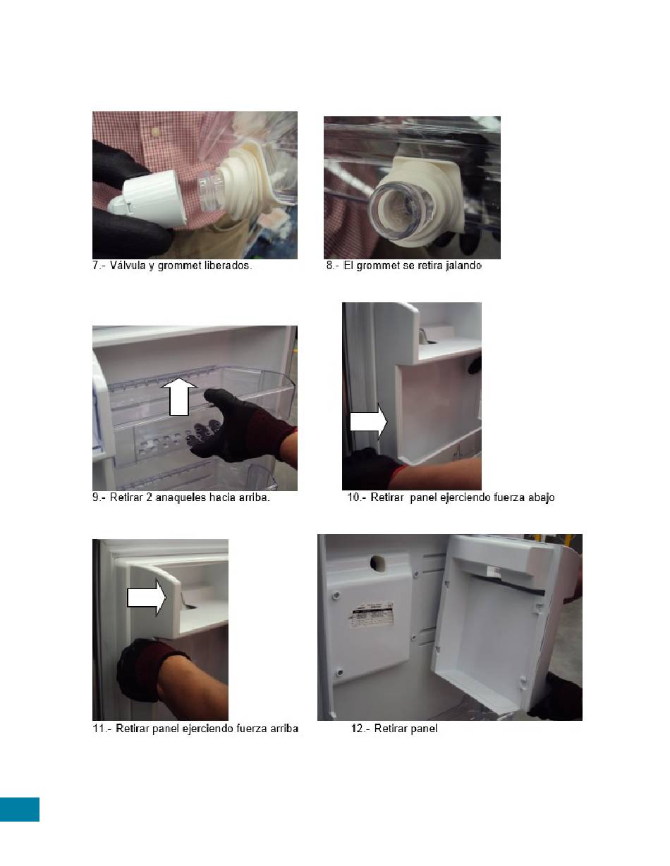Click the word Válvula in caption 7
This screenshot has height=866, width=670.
(127, 266)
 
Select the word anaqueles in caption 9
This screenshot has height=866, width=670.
(181, 497)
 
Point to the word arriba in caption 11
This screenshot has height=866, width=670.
(284, 729)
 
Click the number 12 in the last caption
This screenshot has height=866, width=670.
(357, 729)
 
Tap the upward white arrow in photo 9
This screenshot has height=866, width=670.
(178, 397)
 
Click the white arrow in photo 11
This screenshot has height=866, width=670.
(147, 598)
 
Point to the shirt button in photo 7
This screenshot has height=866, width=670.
(156, 131)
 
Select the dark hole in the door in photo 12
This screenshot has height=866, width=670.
(377, 562)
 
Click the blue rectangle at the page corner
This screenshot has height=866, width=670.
(20, 810)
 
